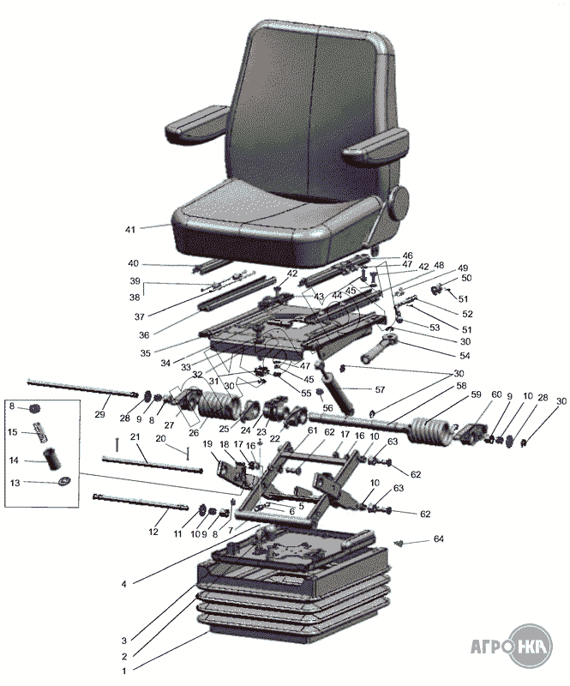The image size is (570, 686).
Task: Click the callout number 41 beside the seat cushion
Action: coord(130,229)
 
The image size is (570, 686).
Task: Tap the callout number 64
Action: coord(438,539)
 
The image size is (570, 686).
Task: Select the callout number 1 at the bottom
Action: coord(124,671)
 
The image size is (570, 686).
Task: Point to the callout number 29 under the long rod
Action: coord(99,414)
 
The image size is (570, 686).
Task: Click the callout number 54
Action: coord(465,356)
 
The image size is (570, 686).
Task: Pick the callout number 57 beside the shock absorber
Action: coord(380,389)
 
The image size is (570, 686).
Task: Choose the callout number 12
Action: coord(153,532)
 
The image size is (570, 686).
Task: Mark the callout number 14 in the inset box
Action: coord(15,460)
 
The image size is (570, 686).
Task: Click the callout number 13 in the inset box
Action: coord(15,483)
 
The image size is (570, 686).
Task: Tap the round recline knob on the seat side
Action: coord(399,202)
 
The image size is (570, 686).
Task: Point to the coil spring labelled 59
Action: coord(431,432)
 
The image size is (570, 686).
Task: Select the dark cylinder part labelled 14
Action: coord(52,460)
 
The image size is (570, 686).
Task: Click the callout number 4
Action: coord(124,584)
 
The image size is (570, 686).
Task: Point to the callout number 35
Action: coord(145,353)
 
